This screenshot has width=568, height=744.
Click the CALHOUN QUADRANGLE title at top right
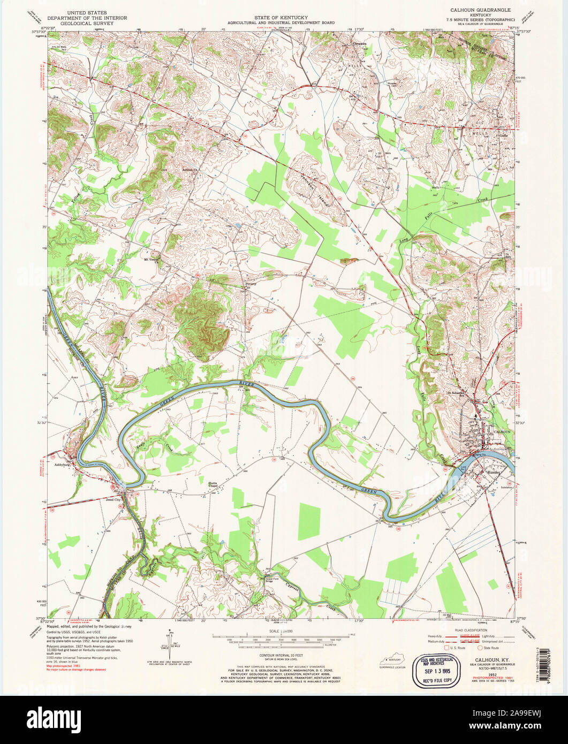[x=480, y=10]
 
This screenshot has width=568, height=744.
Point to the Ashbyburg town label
[x=64, y=466]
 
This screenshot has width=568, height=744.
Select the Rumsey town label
[x=493, y=473]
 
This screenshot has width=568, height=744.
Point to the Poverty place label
[x=251, y=284]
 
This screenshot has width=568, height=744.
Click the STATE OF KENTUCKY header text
[x=281, y=18]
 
